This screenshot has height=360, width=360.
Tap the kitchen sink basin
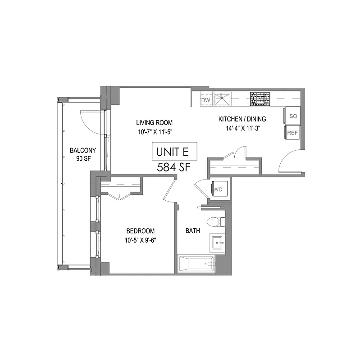(x=222, y=99)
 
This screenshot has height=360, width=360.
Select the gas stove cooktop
(x=260, y=99)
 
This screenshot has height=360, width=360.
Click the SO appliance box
(x=293, y=116)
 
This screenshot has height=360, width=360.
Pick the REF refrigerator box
(x=293, y=132)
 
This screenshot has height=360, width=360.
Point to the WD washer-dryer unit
(x=220, y=189)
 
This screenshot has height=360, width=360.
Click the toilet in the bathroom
(x=216, y=221)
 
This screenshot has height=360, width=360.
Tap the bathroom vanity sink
(x=217, y=243)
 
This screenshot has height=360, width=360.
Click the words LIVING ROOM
(x=155, y=122)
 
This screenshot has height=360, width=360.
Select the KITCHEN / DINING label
(x=242, y=119)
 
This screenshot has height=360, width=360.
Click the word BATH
(x=193, y=231)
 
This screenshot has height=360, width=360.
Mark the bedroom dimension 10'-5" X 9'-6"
(x=143, y=240)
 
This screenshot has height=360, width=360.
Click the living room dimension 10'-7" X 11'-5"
(x=155, y=132)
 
